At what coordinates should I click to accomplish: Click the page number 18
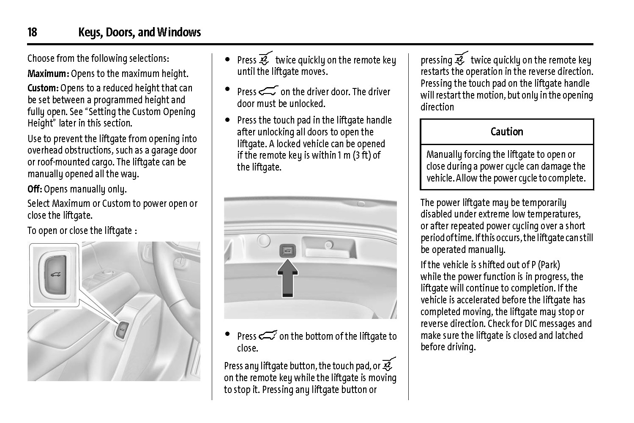coord(32,33)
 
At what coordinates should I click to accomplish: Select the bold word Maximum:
coord(48,74)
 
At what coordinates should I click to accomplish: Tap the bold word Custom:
coord(43,88)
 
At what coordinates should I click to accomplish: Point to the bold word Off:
coord(35,189)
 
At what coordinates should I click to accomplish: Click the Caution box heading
coord(507,132)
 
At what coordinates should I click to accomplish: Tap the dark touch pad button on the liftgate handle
coord(287,250)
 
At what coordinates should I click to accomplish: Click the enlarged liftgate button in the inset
coord(54,274)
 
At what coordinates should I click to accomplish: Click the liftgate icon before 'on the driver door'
coord(268,91)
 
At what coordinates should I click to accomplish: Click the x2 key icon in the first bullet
coord(265,59)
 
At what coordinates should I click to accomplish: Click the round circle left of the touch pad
coord(263,240)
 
